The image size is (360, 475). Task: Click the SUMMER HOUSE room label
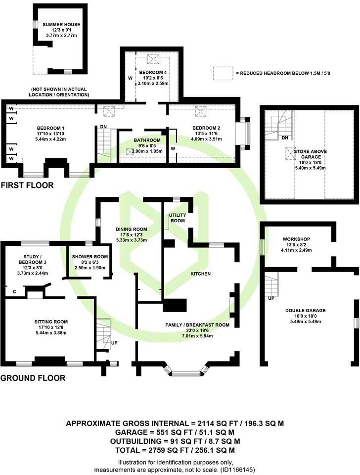pyautogui.click(x=61, y=24)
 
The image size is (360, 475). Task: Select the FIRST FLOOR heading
pyautogui.click(x=27, y=186)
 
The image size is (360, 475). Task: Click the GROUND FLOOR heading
pyautogui.click(x=33, y=378)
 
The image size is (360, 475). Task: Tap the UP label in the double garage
pyautogui.click(x=270, y=299)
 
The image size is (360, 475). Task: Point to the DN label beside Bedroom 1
pyautogui.click(x=103, y=127)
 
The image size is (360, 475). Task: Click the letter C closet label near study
pyautogui.click(x=14, y=292)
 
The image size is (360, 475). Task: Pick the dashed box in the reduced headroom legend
pyautogui.click(x=223, y=73)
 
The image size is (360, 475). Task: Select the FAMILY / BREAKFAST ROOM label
pyautogui.click(x=190, y=325)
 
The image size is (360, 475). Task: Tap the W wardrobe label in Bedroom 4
pyautogui.click(x=130, y=78)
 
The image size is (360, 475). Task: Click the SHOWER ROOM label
pyautogui.click(x=88, y=256)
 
